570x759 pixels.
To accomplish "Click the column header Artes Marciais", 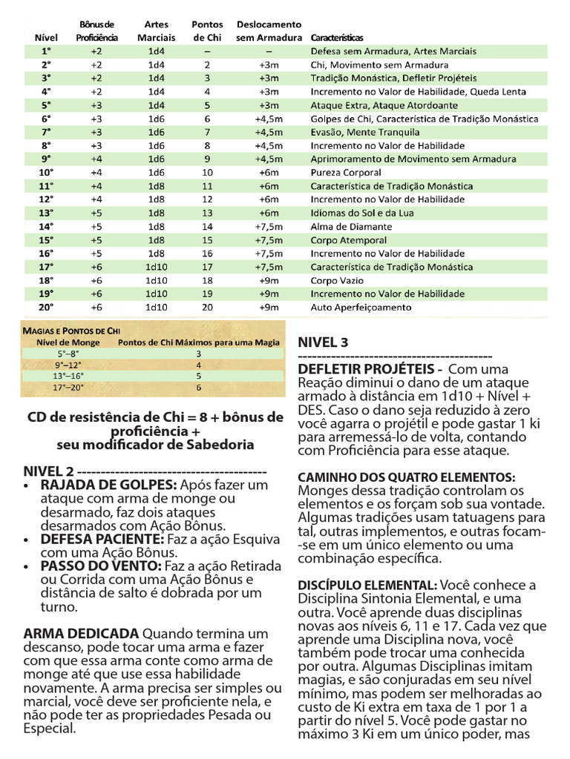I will coord(157,30).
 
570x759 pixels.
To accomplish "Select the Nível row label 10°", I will coord(46,173).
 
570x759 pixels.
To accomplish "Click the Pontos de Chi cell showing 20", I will coord(207,307).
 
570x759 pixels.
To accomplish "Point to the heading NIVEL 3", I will coord(323,342).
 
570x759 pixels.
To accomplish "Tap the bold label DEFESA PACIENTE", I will coord(102,539).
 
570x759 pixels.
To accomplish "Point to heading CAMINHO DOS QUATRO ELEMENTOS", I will coord(406,477).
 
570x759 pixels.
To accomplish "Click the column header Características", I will coord(342,37).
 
